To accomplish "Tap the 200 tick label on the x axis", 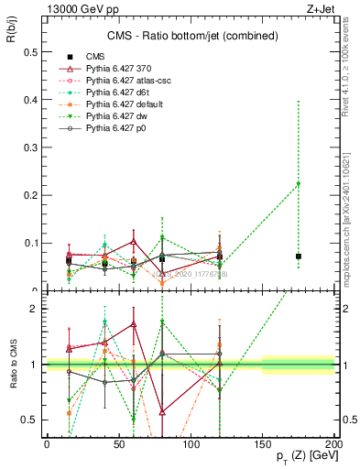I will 334,444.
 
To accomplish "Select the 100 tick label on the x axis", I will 191,444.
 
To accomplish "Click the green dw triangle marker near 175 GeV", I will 299,185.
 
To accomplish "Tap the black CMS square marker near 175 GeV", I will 299,256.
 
